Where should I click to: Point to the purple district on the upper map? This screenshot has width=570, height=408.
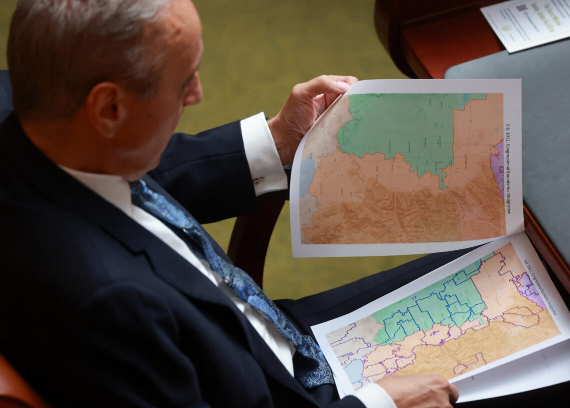(x=498, y=165)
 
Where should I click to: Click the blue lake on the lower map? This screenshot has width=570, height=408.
(x=354, y=371)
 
